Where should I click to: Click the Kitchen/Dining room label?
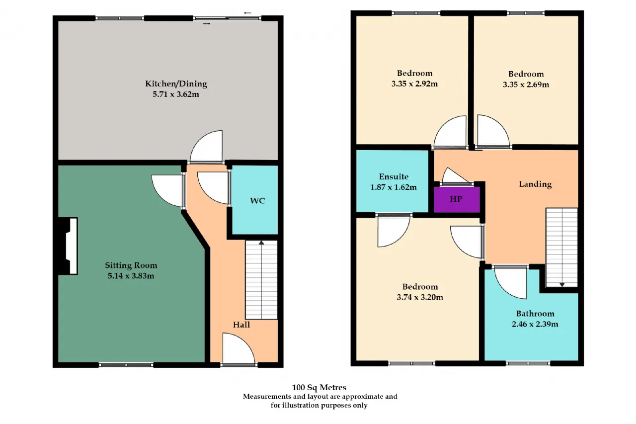click(176, 84)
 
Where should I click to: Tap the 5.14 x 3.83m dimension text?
click(131, 276)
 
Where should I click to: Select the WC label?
click(257, 201)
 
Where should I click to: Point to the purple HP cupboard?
click(457, 199)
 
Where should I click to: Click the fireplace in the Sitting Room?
click(68, 246)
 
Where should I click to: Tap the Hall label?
click(241, 325)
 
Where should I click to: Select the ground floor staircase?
click(261, 280)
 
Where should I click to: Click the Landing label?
click(535, 184)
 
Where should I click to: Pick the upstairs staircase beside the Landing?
click(562, 248)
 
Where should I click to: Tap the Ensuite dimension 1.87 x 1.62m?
click(394, 187)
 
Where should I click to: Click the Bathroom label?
click(535, 314)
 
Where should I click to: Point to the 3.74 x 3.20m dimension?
click(420, 297)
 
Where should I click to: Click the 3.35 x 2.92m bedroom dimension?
click(414, 84)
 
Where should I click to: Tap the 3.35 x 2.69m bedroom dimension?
click(526, 85)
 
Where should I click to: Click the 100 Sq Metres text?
click(319, 387)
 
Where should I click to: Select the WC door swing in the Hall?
click(214, 188)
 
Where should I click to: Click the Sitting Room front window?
click(126, 365)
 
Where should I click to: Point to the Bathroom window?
click(528, 363)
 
